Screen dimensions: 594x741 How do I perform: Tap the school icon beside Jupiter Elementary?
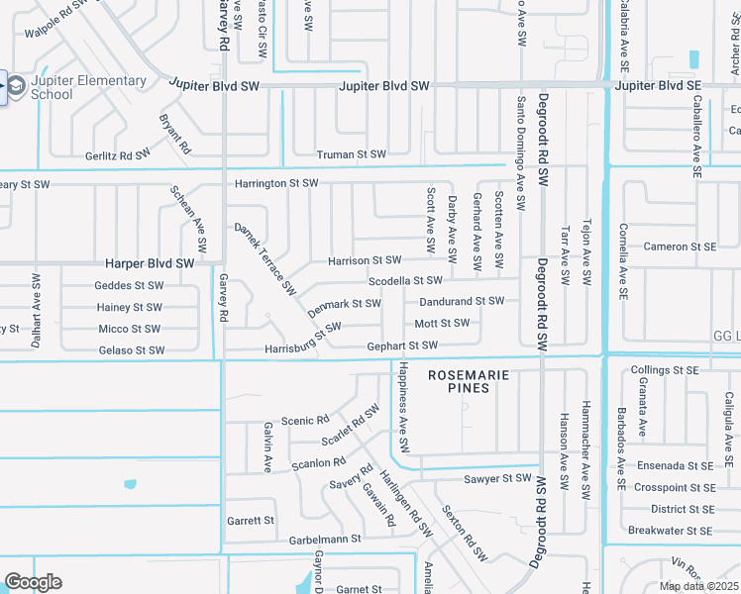point(17,87)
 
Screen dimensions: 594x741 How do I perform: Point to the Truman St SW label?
point(351,154)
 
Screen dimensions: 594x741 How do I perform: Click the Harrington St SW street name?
point(276,183)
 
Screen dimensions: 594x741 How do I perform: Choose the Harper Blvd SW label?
point(150,264)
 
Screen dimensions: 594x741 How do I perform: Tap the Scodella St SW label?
point(404,281)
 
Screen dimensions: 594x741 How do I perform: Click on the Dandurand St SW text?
point(461,301)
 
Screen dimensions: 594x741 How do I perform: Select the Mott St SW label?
point(442,324)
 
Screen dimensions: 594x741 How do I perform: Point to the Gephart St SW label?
point(402,346)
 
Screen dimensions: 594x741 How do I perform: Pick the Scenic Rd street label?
point(304,421)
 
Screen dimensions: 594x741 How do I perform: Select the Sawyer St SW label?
point(498,479)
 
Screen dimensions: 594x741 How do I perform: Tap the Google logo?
point(34,582)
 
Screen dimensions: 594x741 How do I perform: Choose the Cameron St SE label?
point(680,247)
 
